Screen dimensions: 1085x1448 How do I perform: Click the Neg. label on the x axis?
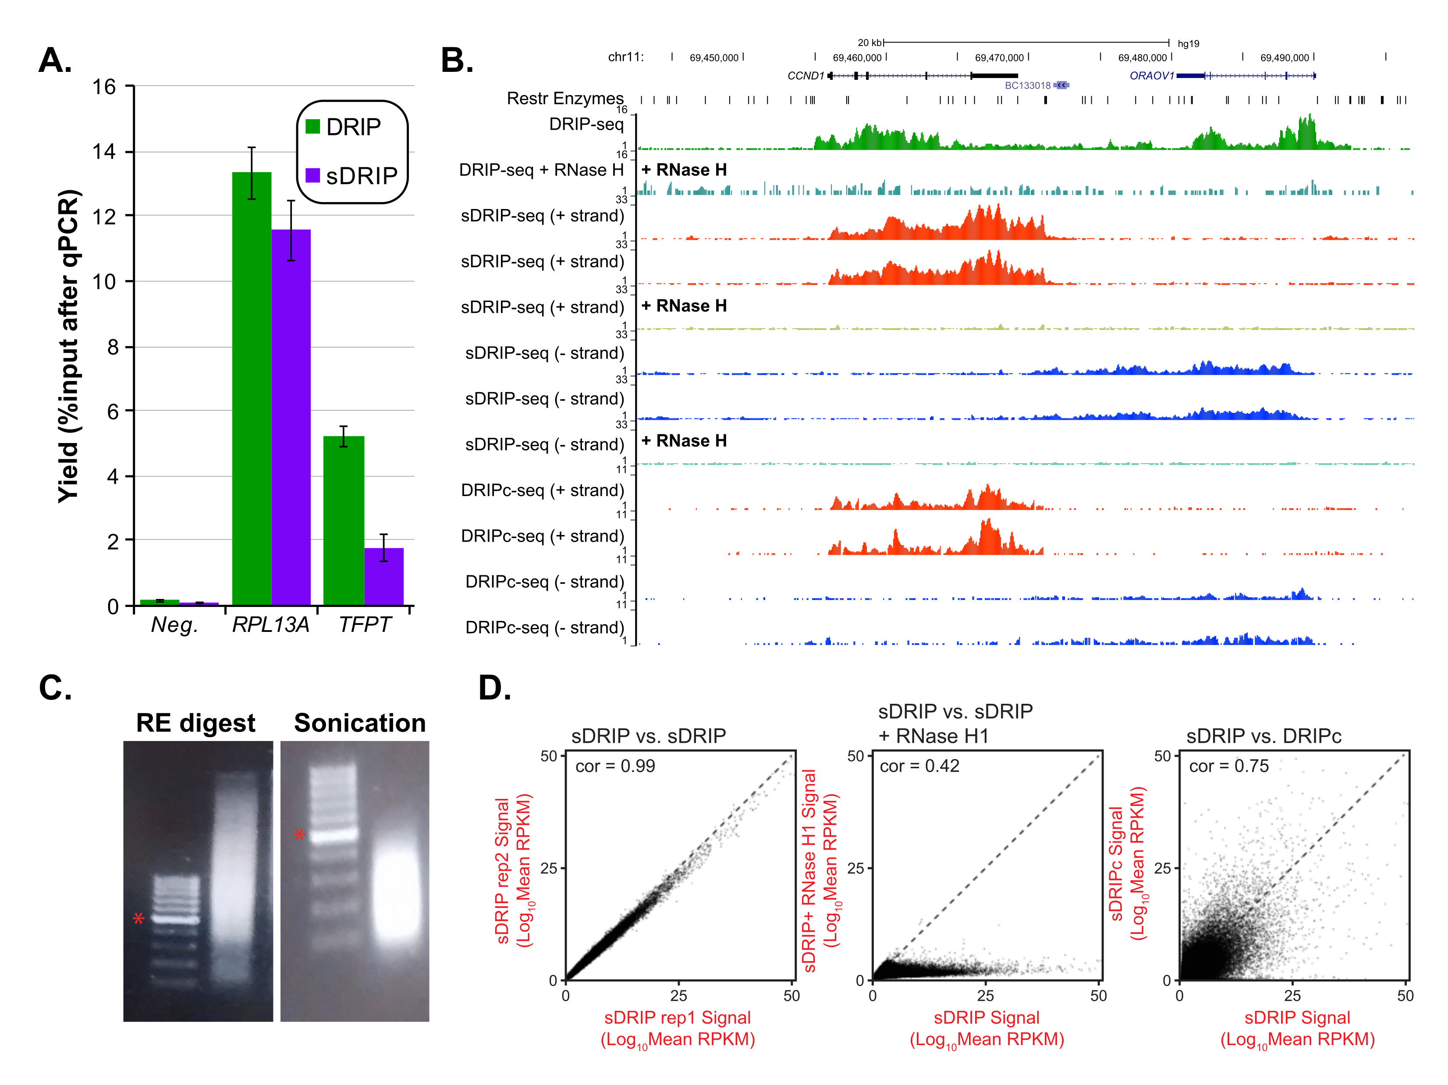coord(174,625)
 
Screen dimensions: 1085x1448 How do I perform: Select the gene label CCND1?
coord(805,76)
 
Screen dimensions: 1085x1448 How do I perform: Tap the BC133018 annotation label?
coord(1027,86)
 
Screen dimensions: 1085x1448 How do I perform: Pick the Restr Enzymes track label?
coord(565,99)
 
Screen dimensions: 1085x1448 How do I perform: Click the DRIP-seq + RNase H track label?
coord(541,170)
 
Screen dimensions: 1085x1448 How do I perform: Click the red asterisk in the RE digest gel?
coord(138,919)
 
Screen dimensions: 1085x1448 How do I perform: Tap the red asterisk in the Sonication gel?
coord(299,835)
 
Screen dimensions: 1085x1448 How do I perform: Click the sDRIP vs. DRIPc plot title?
coord(1263,736)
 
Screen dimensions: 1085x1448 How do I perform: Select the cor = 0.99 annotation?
coord(615,766)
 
